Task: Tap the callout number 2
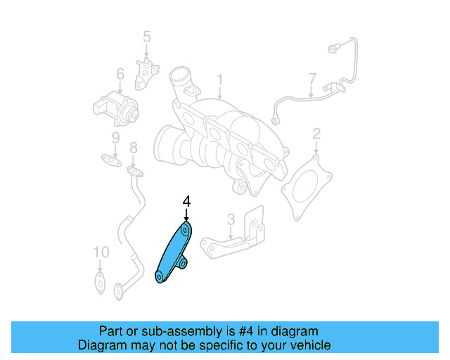[316, 133]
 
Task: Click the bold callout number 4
[186, 202]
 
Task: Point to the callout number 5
[147, 36]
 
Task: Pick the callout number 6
[120, 73]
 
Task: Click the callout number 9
[115, 138]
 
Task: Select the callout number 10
[101, 252]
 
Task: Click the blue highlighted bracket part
[172, 254]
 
